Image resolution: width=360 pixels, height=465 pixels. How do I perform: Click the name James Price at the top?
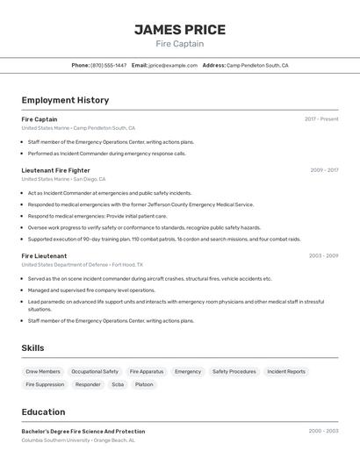click(x=179, y=30)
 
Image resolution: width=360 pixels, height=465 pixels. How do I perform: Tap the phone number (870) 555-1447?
click(x=108, y=65)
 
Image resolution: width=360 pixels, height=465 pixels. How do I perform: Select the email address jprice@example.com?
click(x=172, y=65)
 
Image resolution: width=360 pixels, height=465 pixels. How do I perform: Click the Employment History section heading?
click(x=65, y=100)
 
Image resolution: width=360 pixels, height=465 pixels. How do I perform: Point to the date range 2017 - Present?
click(x=321, y=119)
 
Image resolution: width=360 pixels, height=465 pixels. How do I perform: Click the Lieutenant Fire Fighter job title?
click(x=55, y=170)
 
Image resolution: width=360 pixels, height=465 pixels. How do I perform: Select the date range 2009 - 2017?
click(x=324, y=170)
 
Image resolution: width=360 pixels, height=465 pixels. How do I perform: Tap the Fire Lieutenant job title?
click(x=44, y=256)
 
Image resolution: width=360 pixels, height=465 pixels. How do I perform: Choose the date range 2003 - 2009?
click(x=323, y=256)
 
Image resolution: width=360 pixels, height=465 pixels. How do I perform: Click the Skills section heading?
click(x=33, y=348)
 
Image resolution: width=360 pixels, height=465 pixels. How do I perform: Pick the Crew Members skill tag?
click(x=43, y=371)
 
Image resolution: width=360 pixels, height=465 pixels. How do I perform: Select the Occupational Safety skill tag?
click(x=95, y=371)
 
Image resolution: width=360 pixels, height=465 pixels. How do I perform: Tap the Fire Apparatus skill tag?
click(x=147, y=371)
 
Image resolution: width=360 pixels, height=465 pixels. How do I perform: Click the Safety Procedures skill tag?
click(x=234, y=371)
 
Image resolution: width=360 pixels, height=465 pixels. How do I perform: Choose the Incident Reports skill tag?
click(x=286, y=371)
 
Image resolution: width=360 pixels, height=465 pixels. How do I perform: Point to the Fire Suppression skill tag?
click(x=45, y=384)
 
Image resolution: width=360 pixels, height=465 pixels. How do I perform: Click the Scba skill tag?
click(x=118, y=384)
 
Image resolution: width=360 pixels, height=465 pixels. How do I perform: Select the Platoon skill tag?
click(x=144, y=384)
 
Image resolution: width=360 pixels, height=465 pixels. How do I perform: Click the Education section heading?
click(x=43, y=411)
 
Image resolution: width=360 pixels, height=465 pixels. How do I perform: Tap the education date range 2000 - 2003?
click(x=323, y=431)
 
